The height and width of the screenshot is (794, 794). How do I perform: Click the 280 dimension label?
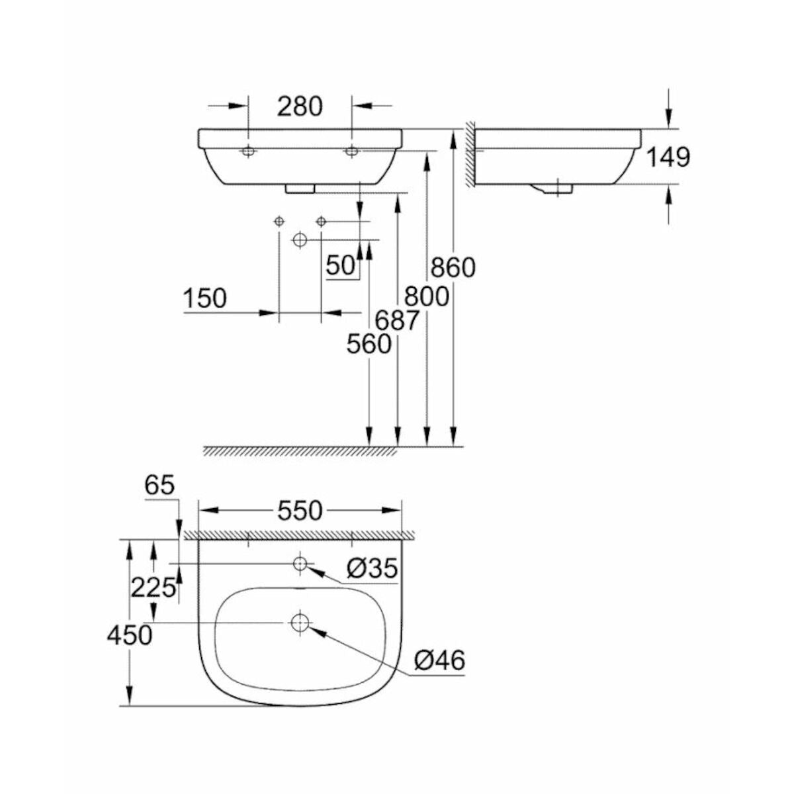(299, 107)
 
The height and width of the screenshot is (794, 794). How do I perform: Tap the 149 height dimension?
(668, 157)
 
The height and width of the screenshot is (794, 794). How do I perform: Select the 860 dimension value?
(453, 267)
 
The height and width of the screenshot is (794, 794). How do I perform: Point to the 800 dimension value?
(427, 296)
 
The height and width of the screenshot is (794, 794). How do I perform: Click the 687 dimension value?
(398, 320)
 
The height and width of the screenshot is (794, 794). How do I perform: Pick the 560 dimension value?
(369, 344)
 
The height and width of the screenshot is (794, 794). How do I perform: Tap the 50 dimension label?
(341, 265)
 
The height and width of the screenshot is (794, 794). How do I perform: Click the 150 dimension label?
(204, 298)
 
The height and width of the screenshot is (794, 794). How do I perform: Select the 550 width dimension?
(300, 510)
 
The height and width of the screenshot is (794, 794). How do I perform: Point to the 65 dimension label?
(159, 486)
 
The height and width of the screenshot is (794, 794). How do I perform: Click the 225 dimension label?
(154, 587)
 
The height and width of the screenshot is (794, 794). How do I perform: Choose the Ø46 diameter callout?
(439, 660)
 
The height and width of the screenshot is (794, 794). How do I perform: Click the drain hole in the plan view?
(300, 622)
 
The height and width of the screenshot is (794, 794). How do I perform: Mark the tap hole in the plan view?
(300, 564)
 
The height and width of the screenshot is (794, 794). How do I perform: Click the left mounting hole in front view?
(248, 152)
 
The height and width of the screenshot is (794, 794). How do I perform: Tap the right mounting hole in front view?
(351, 152)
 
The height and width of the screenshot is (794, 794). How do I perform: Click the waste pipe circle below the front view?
(300, 239)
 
